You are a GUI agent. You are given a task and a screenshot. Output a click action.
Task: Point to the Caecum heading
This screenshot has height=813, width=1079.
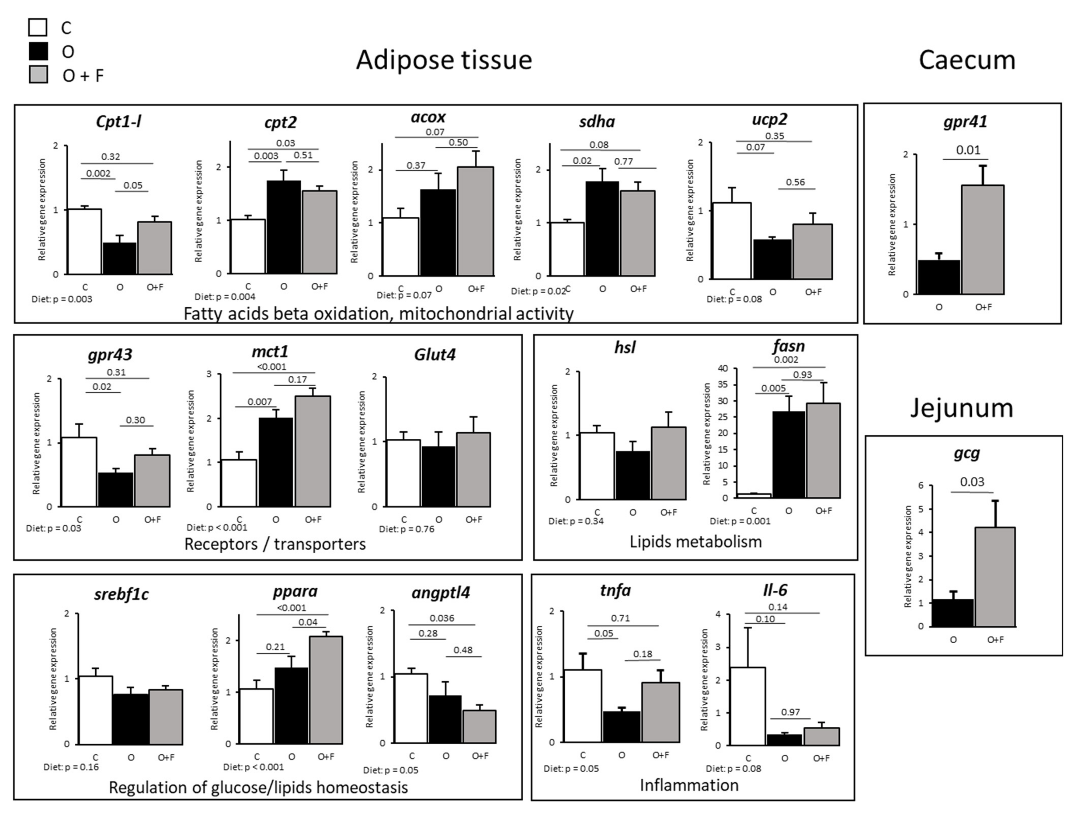(967, 60)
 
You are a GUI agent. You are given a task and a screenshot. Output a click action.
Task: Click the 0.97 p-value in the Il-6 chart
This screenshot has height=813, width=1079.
(790, 712)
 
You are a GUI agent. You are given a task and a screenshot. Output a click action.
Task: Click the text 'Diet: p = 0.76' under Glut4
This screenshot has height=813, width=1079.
(406, 529)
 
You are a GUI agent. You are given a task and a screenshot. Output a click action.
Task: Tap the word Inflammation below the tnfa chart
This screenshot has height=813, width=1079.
(689, 785)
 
